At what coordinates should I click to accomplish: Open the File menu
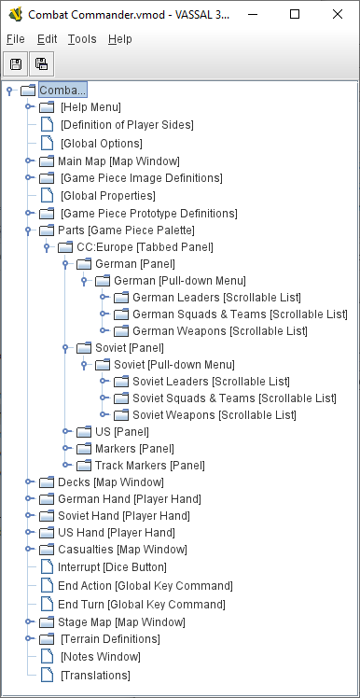click(15, 39)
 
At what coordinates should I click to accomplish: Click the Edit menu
click(48, 39)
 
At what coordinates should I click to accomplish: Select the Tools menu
click(81, 39)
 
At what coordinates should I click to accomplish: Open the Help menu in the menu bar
click(119, 39)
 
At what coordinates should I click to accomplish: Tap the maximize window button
click(295, 14)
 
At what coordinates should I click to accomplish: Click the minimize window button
click(252, 14)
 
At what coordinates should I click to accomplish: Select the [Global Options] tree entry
click(101, 144)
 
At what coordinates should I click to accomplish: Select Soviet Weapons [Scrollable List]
click(214, 414)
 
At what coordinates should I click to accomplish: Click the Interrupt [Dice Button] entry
click(112, 566)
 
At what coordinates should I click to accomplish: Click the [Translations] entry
click(95, 675)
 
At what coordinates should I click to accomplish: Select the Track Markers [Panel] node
click(149, 465)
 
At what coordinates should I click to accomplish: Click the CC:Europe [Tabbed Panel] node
click(145, 246)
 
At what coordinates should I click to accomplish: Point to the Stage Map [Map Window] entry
click(121, 621)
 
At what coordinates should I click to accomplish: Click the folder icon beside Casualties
click(47, 550)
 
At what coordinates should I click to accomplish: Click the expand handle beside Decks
click(29, 482)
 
